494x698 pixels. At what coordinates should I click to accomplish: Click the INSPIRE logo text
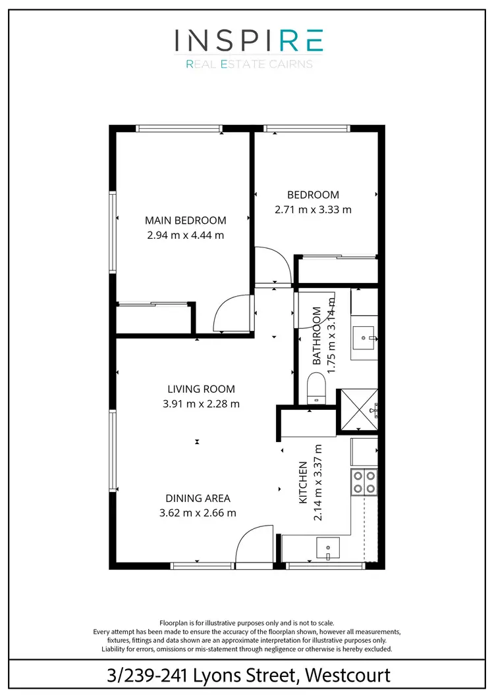point(248,41)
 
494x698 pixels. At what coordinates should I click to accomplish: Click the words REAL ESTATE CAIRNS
point(248,64)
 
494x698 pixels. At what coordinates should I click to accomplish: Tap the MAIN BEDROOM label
point(185,220)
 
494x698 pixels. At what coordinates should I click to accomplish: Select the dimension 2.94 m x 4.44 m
point(185,234)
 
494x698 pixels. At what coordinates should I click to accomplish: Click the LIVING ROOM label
point(201,389)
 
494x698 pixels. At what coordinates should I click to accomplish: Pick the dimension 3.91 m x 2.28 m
point(201,403)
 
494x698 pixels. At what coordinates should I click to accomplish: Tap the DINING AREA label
point(198,499)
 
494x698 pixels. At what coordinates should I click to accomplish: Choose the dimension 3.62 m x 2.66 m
point(198,513)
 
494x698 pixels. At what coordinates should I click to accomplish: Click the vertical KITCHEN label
point(304,482)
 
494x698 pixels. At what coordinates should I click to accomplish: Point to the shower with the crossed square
point(358,411)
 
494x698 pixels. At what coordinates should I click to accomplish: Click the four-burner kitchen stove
point(365,482)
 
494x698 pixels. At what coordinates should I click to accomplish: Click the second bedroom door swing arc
point(272,263)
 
